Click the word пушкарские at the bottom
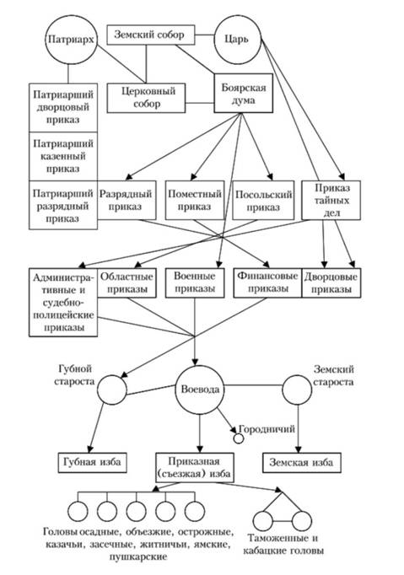point(138,556)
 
